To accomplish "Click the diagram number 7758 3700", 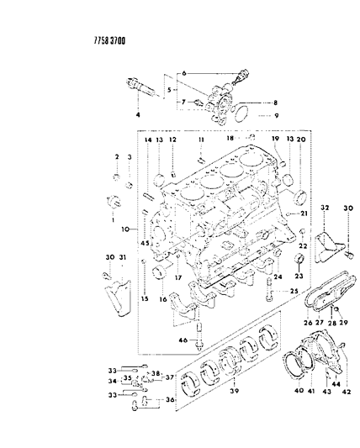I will (x=31, y=39).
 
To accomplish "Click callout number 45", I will (x=144, y=245).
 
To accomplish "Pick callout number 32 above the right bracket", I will (x=324, y=207).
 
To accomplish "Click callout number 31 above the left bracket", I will (x=123, y=258).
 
